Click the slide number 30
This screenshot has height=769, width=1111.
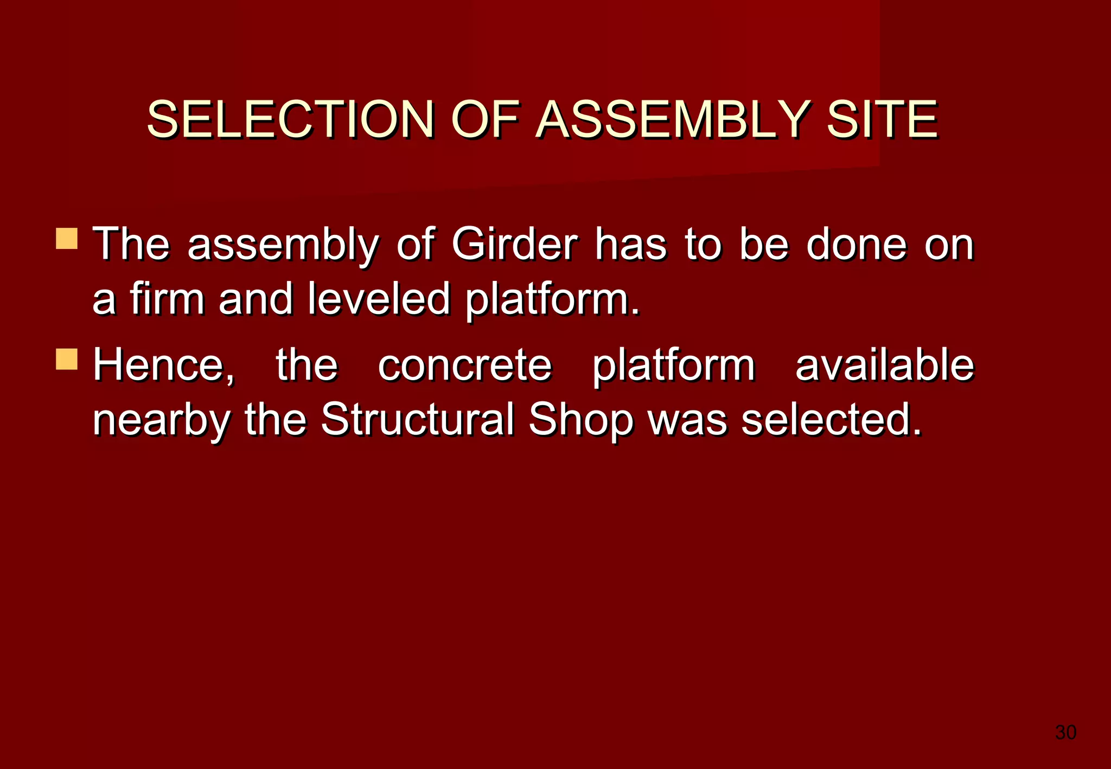(1065, 732)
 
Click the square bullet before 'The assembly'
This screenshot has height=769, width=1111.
(67, 239)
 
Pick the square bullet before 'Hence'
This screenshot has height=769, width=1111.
(67, 359)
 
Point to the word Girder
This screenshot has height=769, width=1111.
(514, 244)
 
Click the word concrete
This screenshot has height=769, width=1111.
(464, 365)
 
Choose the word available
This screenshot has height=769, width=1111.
(884, 365)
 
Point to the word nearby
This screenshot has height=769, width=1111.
(162, 420)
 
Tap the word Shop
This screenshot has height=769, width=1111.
(580, 420)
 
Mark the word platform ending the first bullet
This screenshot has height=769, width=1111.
(552, 299)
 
